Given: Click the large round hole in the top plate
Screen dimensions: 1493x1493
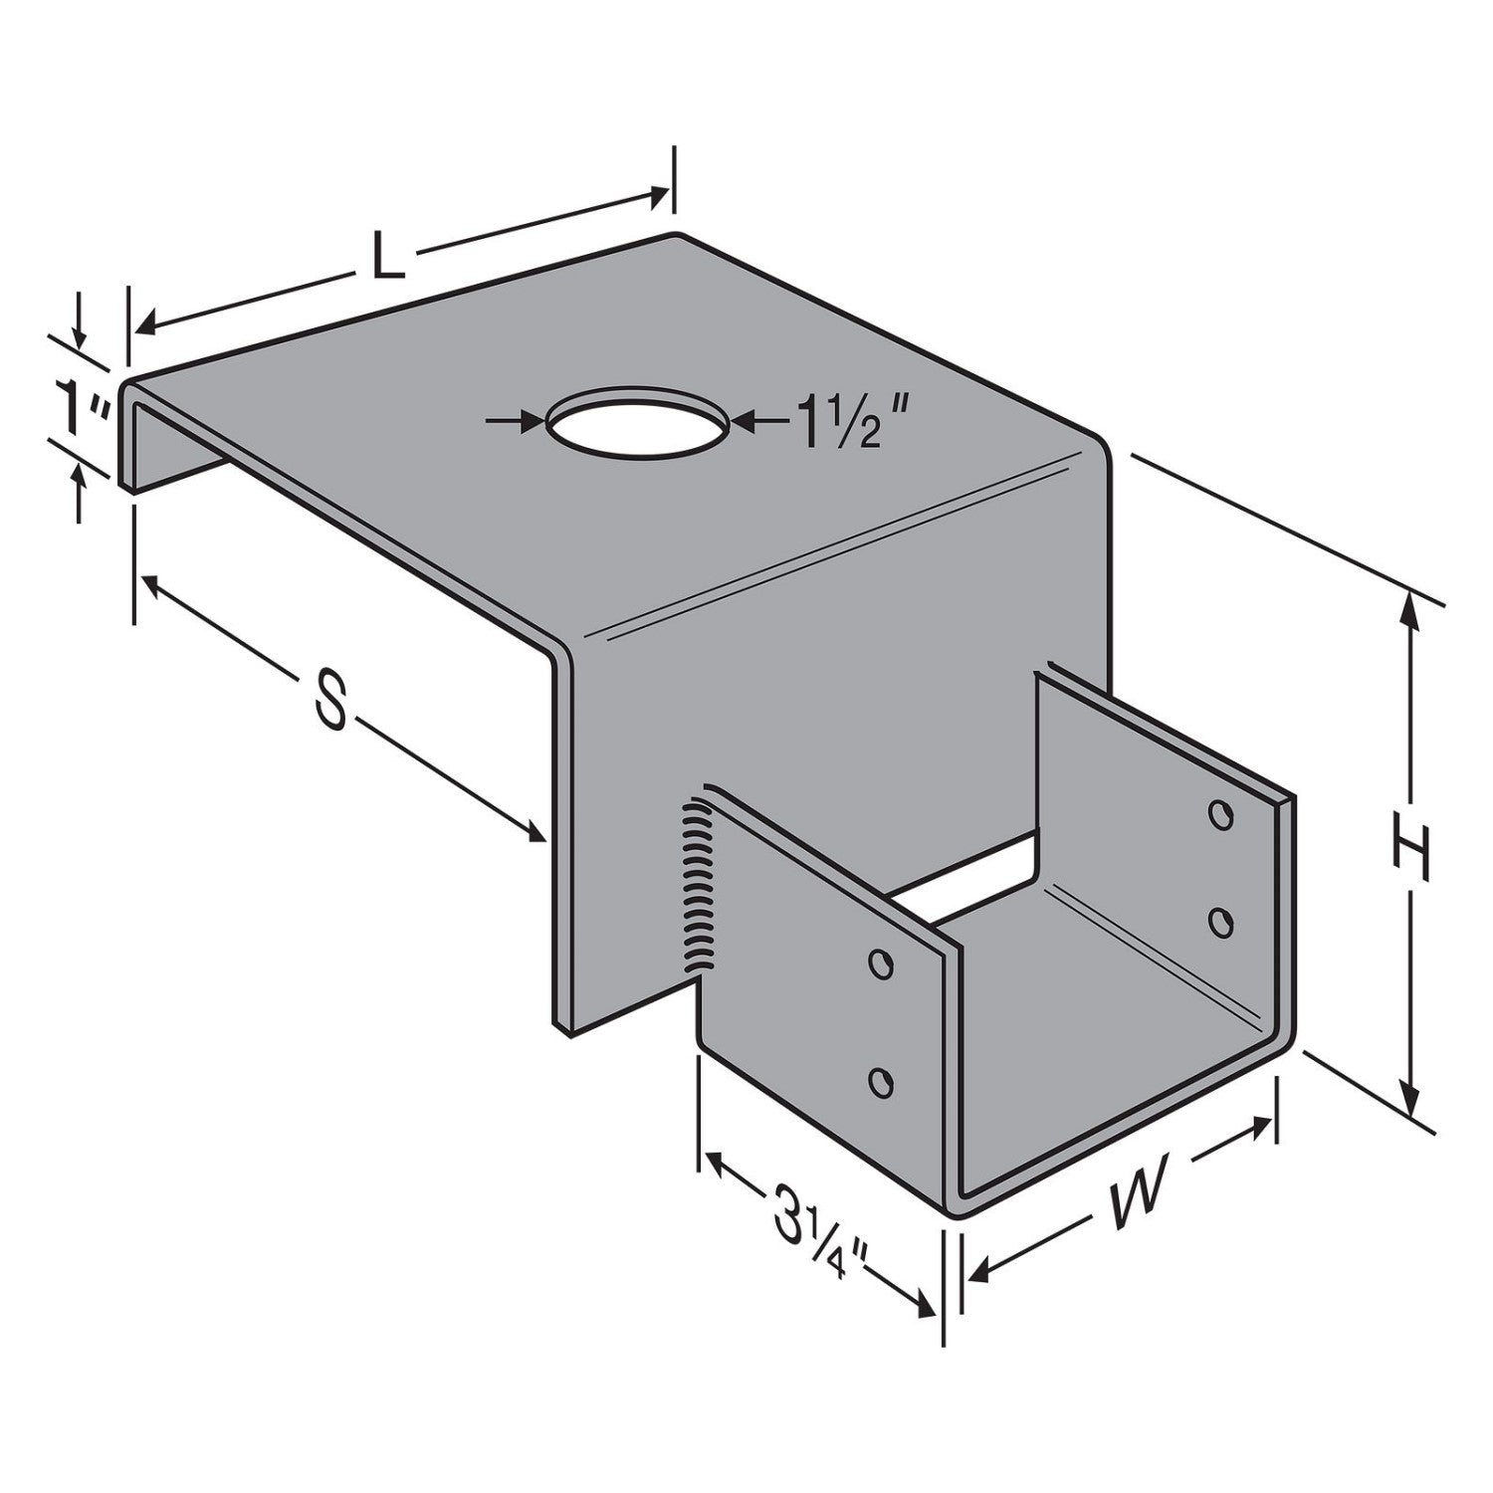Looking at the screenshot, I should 637,421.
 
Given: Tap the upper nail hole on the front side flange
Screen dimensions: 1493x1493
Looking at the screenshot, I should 879,962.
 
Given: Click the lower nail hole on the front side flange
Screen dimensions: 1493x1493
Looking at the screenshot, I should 880,1081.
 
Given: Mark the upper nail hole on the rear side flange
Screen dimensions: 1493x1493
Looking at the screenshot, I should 1218,813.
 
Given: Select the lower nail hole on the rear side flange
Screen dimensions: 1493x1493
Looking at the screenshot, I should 1218,921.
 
